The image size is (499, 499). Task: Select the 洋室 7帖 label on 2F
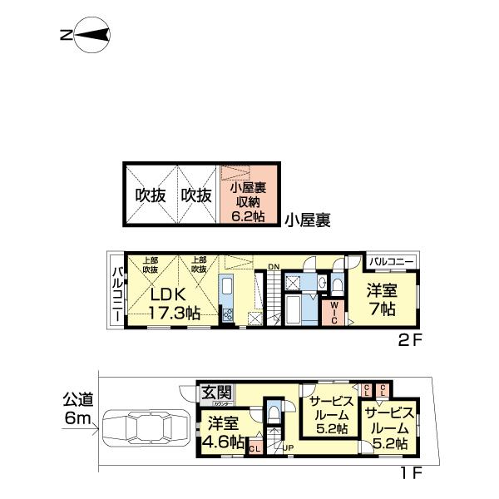(383, 300)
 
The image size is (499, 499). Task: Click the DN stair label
(274, 267)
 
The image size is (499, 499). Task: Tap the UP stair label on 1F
(288, 449)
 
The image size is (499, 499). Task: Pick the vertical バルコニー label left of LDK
(117, 295)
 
